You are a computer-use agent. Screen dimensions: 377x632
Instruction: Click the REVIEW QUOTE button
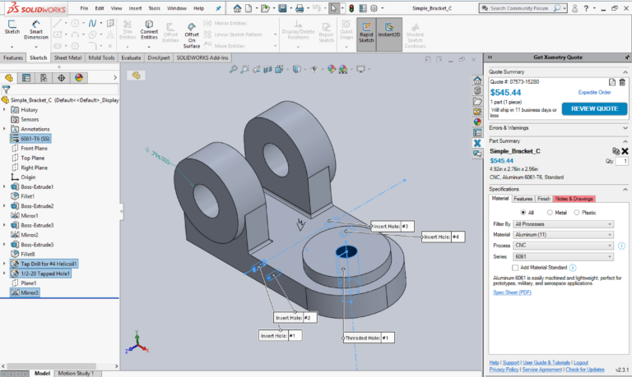593,108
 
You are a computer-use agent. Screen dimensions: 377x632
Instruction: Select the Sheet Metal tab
69,58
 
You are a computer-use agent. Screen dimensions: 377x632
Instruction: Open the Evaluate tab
131,58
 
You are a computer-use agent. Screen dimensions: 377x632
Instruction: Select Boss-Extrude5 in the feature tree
37,244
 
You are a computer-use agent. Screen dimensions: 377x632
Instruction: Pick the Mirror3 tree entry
30,292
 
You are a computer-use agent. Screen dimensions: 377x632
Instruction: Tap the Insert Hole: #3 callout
391,226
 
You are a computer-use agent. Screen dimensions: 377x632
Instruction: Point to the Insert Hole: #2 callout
295,317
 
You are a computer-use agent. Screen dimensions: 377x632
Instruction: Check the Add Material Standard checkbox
514,268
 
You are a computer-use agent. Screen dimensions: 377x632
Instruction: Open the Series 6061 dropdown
563,256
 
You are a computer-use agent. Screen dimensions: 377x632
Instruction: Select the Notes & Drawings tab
574,199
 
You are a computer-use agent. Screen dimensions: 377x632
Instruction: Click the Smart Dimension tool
35,34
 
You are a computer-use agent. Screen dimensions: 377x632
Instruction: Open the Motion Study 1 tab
75,373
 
